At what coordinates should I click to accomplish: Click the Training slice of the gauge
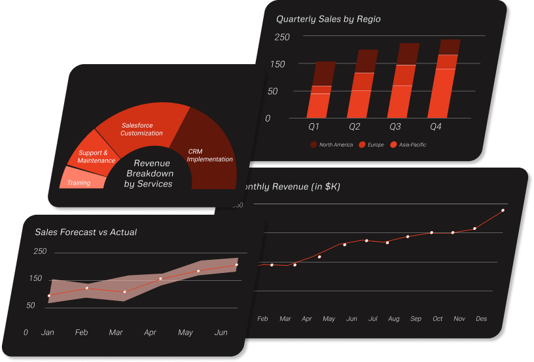[80, 179]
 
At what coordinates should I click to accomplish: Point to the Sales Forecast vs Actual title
[86, 232]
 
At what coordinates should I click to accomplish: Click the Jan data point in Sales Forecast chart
[49, 296]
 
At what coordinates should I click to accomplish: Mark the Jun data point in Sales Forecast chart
[236, 265]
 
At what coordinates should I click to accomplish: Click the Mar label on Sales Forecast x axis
[116, 333]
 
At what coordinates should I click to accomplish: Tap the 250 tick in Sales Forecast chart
[40, 251]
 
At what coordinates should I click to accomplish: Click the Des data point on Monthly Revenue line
[503, 211]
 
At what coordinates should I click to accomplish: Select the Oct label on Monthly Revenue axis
[438, 319]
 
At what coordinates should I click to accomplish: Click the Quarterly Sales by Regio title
[328, 19]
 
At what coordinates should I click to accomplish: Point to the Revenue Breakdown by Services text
[149, 173]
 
